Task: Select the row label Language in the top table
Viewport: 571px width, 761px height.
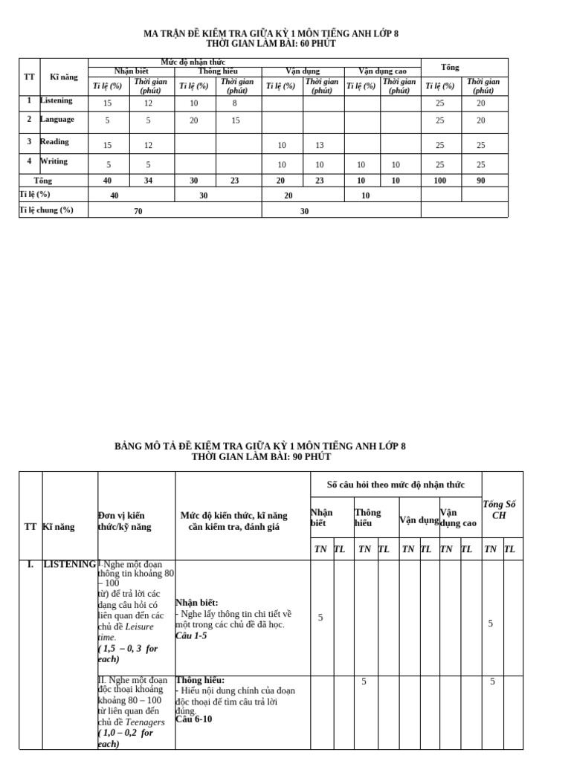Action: tap(57, 119)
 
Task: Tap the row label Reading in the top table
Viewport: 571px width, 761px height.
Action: tap(54, 141)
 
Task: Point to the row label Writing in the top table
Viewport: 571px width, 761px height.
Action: tap(54, 161)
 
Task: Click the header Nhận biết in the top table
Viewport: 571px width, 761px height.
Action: tap(131, 71)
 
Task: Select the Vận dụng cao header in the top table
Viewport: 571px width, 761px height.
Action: tap(382, 71)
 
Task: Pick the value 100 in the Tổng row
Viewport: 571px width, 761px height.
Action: tap(440, 181)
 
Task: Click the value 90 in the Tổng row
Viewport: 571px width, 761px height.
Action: tap(481, 181)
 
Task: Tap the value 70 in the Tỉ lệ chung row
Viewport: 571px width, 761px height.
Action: tap(138, 211)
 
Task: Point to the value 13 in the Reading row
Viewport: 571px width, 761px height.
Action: tap(320, 146)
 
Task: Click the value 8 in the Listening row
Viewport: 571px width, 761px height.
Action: tap(234, 104)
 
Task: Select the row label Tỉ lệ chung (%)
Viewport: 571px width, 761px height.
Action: tap(46, 210)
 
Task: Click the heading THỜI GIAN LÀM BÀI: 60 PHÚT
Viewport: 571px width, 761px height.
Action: tap(271, 44)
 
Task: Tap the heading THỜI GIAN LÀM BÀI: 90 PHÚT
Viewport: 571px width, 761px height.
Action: tap(260, 456)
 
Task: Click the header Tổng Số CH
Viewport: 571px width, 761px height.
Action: tap(499, 509)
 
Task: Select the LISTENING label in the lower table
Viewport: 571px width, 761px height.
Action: tap(70, 564)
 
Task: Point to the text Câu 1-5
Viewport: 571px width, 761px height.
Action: tap(191, 635)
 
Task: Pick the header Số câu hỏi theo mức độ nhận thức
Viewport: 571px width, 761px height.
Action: tap(396, 485)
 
